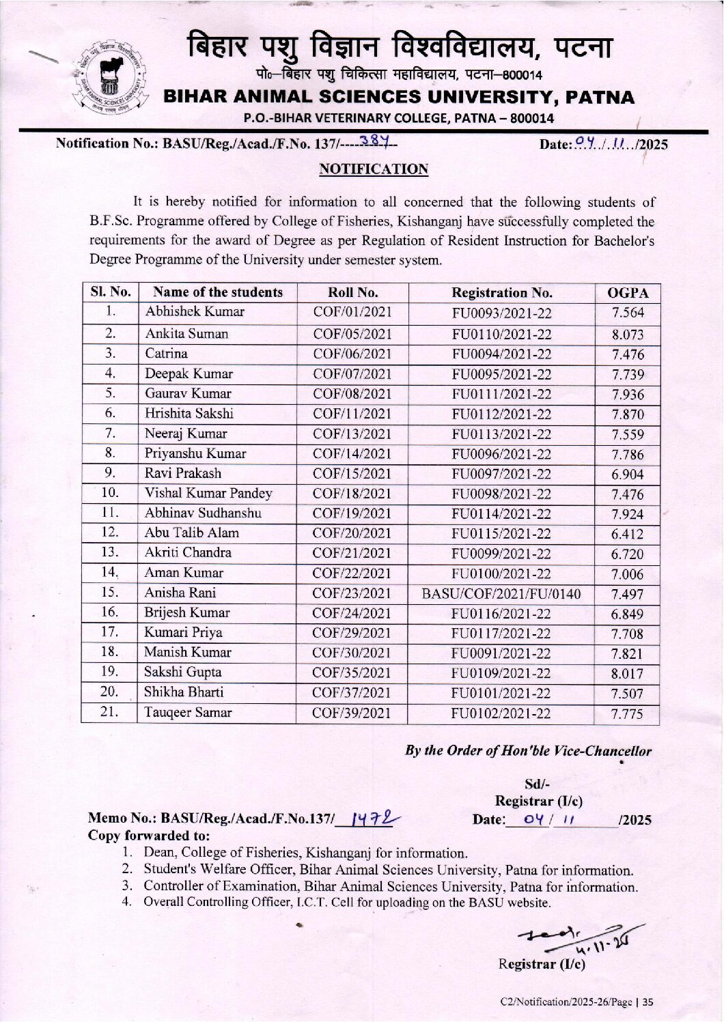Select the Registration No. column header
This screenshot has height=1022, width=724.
502,293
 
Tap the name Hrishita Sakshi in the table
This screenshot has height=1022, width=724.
189,413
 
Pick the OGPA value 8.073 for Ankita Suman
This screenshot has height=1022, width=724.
627,335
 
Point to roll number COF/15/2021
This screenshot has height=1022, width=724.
352,473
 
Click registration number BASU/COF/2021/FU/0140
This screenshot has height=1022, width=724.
502,594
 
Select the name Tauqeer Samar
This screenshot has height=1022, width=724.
188,712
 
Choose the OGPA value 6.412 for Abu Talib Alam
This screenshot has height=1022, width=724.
627,534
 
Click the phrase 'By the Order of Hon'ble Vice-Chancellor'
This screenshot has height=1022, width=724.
528,750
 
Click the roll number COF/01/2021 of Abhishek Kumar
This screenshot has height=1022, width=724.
352,313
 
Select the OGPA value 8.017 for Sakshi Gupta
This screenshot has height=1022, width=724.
627,674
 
